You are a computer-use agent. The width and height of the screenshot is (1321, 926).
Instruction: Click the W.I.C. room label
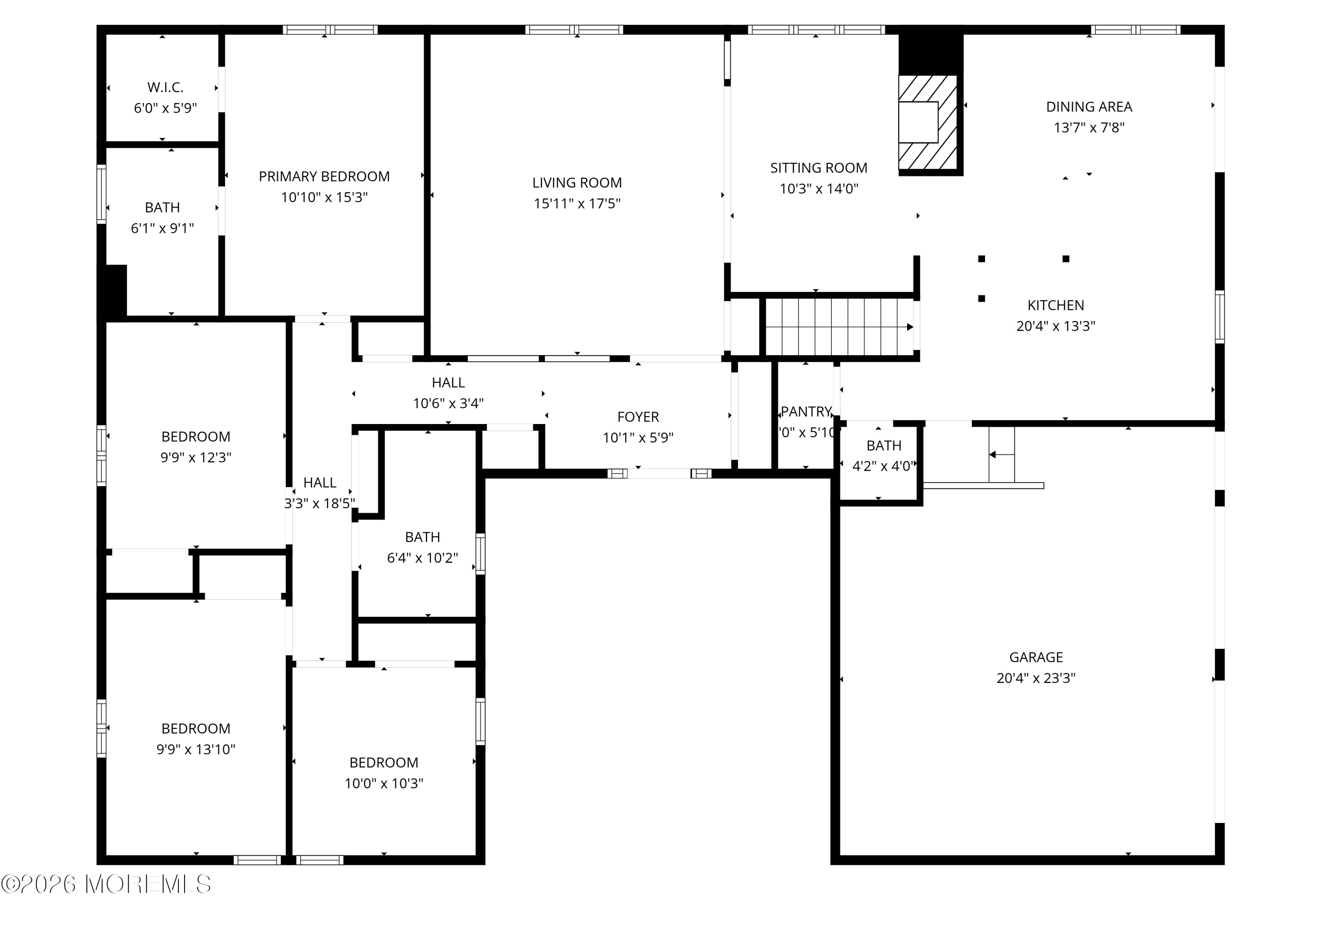pos(165,88)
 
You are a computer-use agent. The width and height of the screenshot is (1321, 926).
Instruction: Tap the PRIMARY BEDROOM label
pos(324,177)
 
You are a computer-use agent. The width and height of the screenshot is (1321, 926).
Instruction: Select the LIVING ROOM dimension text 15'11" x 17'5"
pos(577,204)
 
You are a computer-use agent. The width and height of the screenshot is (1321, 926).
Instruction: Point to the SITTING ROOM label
pos(819,168)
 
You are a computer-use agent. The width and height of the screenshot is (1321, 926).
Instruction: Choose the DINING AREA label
pos(1089,107)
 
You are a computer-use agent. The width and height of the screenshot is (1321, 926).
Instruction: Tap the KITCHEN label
pos(1056,306)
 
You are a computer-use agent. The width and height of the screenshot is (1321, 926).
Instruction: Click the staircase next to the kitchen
pos(839,327)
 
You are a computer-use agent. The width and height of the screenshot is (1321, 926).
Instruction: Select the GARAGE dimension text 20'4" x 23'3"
pos(1036,679)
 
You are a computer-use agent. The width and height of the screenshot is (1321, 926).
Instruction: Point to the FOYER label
pos(638,417)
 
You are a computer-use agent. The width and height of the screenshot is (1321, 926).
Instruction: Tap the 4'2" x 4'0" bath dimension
pos(882,466)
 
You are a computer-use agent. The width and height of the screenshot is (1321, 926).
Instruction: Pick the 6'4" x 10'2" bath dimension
pos(422,558)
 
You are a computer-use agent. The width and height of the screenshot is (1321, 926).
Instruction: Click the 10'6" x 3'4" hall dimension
pos(448,403)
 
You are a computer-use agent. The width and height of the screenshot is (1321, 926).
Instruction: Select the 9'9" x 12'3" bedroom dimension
pos(196,457)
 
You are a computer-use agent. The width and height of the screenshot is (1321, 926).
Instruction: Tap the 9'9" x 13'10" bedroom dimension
pos(196,749)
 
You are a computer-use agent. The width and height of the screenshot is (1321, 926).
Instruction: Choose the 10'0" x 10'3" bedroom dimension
pos(384,783)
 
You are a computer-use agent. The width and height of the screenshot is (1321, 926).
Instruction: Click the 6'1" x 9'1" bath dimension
pos(162,229)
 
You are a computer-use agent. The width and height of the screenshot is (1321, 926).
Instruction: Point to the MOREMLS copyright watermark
pos(107,885)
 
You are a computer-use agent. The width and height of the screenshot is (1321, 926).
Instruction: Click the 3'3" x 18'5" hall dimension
pos(320,504)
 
